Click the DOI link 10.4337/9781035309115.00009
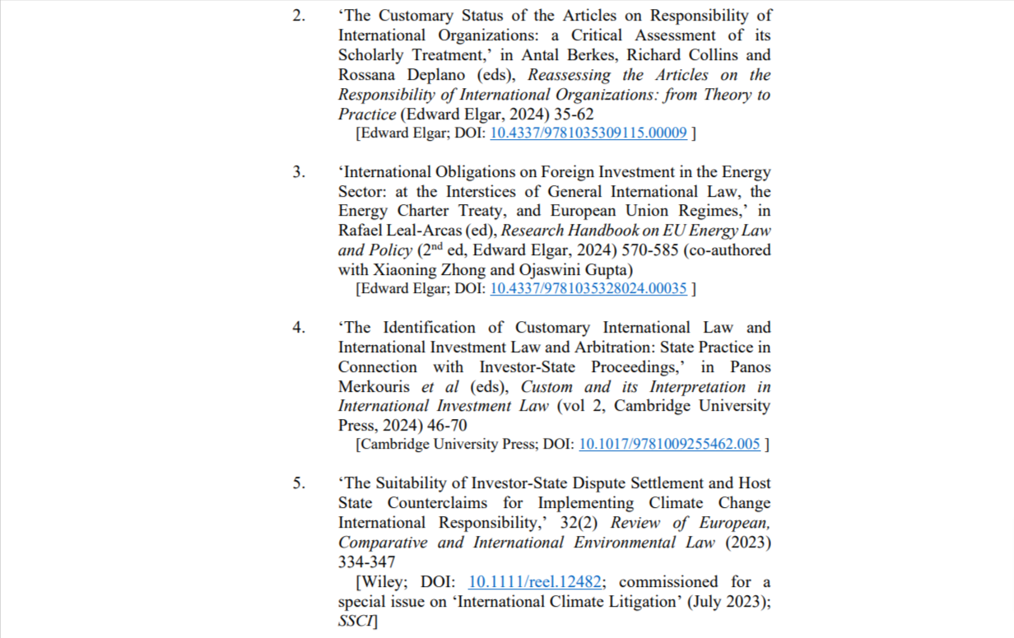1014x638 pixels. pos(588,133)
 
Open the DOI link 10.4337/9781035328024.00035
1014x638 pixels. pos(588,289)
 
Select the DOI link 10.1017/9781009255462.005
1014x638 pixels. pos(669,445)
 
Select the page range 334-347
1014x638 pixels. pos(366,562)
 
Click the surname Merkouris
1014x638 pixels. pos(377,387)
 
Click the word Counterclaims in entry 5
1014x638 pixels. pos(440,503)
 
